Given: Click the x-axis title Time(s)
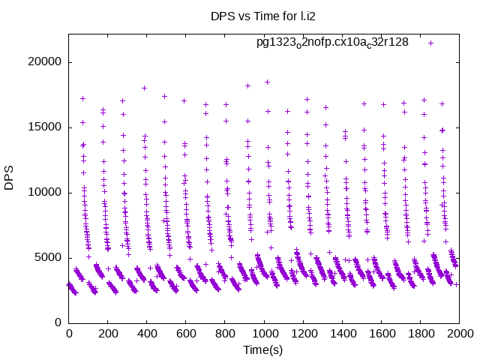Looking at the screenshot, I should tap(264, 349).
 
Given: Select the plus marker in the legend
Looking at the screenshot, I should tap(431, 43).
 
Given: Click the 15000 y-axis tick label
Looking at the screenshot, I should tap(46, 127).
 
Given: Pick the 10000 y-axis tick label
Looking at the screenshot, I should tap(46, 193).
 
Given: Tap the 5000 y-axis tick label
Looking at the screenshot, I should tap(49, 258).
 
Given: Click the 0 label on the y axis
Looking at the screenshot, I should tap(58, 322).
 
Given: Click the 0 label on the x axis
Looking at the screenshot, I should tap(69, 334).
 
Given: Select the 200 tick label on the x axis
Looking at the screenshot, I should tap(108, 334).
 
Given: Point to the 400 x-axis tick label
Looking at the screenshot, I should tap(147, 334).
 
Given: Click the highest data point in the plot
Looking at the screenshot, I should tap(267, 82).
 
